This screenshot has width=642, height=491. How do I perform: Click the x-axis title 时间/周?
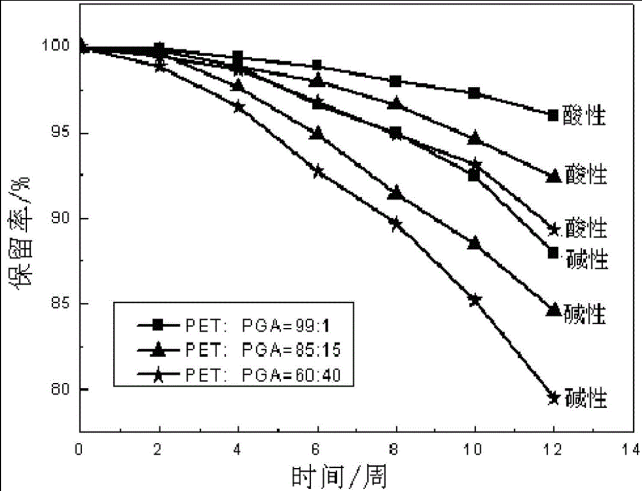point(339,477)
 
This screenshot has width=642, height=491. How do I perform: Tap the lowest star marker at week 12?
point(553,398)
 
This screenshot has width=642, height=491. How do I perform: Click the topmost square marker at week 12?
point(553,115)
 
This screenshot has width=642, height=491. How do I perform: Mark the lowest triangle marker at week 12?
point(553,310)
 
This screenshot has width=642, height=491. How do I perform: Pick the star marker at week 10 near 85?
point(474,300)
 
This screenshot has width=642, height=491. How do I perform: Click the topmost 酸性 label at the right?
point(586,116)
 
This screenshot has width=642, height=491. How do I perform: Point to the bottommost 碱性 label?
point(586,398)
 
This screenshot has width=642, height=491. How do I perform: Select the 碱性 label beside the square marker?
point(587,258)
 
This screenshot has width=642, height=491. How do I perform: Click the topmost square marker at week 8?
point(395,81)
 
